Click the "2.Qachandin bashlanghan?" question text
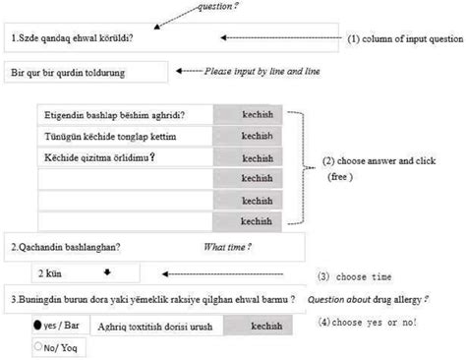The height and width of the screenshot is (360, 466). click(x=72, y=246)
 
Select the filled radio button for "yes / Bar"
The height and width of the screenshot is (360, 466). click(x=38, y=324)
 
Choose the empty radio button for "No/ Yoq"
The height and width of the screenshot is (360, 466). click(x=37, y=345)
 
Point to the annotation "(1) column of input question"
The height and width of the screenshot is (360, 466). click(x=404, y=38)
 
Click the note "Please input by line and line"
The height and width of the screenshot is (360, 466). click(x=261, y=72)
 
